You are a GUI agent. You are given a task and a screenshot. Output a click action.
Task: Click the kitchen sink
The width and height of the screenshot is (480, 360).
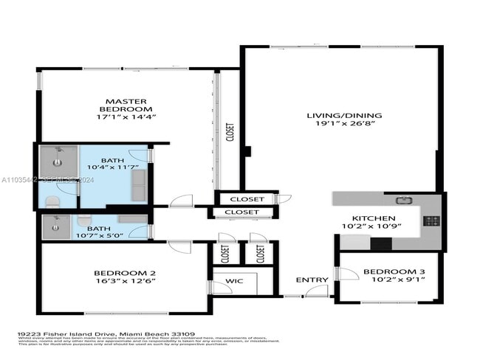(x=402, y=200)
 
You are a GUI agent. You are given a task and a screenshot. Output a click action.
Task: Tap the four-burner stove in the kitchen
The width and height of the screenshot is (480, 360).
(x=432, y=221)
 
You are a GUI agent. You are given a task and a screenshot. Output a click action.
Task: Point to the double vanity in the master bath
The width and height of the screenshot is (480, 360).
(x=137, y=184)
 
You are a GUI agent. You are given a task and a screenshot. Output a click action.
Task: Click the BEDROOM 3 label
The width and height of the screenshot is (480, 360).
(x=394, y=271)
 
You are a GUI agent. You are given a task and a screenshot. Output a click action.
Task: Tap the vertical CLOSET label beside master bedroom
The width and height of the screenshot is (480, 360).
(x=230, y=133)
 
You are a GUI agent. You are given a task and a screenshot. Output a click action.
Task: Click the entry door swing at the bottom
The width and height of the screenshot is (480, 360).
(x=317, y=291)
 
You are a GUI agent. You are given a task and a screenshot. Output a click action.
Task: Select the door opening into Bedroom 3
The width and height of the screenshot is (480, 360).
(x=343, y=274)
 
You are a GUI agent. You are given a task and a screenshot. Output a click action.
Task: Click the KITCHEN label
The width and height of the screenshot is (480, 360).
(x=373, y=219)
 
